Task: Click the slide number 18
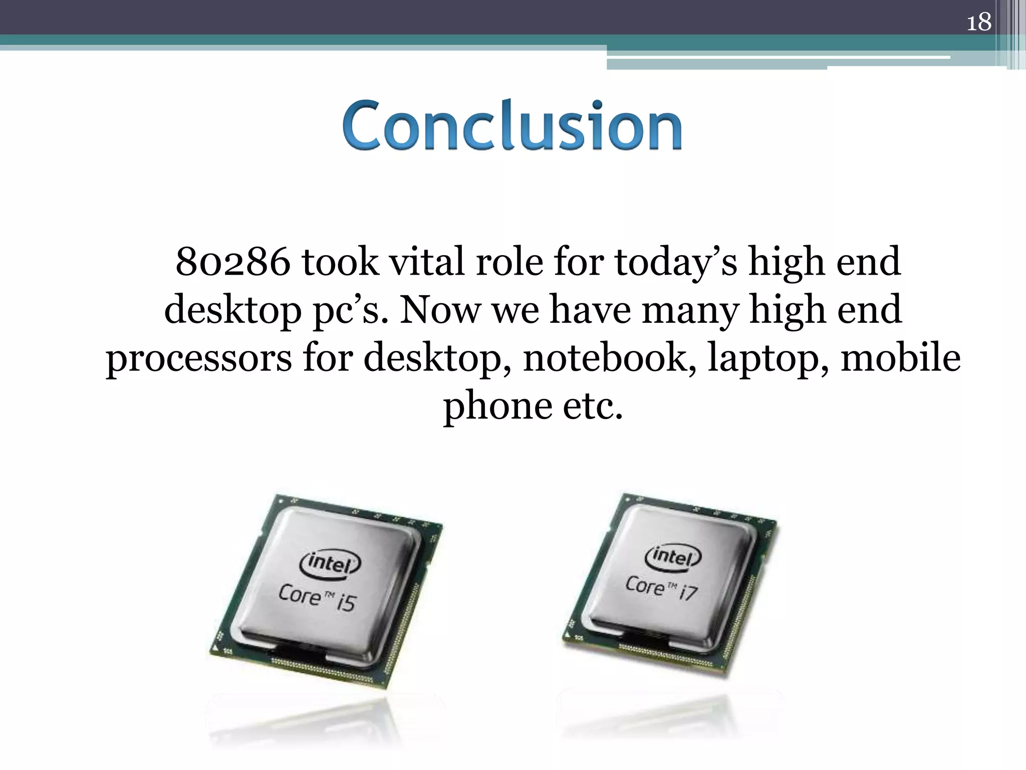click(978, 22)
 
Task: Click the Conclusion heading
click(512, 125)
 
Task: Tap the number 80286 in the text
click(233, 262)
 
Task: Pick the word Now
click(439, 310)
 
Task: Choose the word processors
click(198, 359)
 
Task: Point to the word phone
click(496, 406)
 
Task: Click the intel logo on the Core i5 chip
click(329, 563)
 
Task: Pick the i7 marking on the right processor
click(688, 593)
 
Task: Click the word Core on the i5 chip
click(299, 595)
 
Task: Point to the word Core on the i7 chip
click(644, 585)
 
